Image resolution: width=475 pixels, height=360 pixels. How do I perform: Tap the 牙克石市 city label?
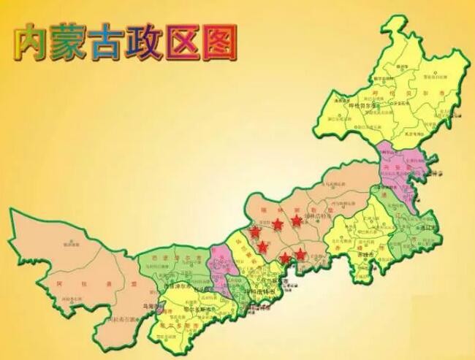(x=400, y=104)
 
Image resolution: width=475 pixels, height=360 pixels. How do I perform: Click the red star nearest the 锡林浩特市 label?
(x=296, y=219)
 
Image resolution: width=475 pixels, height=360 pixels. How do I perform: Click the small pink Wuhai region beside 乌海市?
(x=159, y=309)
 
